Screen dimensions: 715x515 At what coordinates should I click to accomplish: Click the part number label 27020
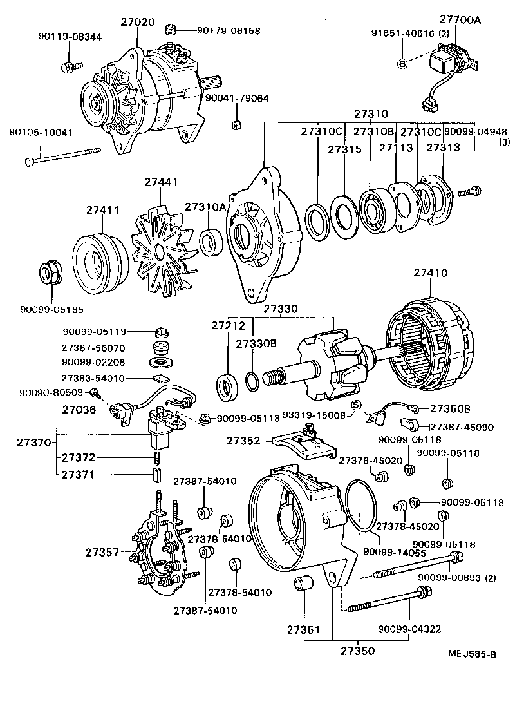coord(137,22)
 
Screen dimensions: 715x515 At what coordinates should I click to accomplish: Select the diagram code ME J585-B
coord(472,654)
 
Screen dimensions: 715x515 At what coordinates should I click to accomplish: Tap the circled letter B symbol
coord(402,63)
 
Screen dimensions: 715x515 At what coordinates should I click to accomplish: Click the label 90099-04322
coord(409,629)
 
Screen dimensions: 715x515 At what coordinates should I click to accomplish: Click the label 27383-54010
coord(93,378)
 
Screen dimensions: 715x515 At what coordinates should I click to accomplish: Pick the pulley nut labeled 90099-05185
coord(51,273)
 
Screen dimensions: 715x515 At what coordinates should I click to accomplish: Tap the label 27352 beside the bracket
coord(243,441)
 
